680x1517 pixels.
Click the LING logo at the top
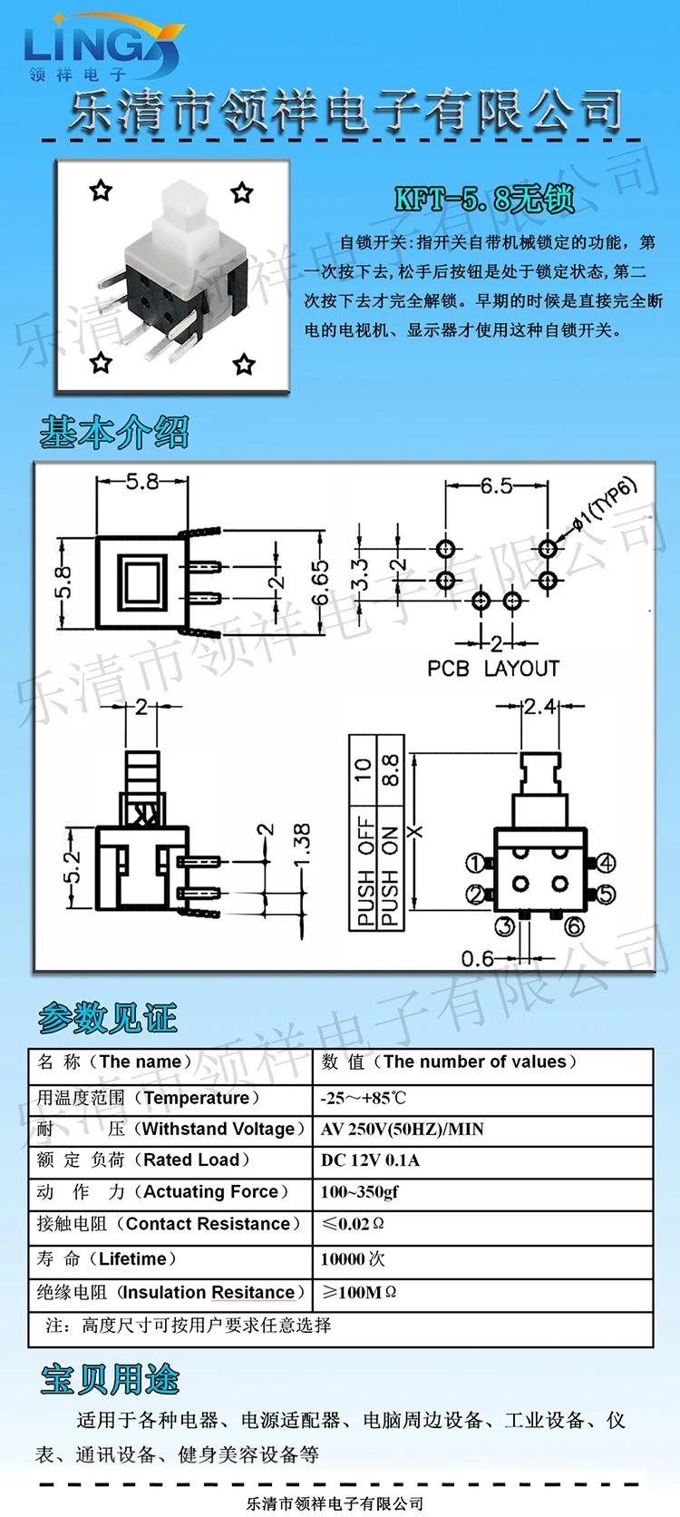click(x=102, y=47)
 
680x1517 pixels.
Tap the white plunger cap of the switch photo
click(x=182, y=213)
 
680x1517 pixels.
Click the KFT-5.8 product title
click(x=484, y=199)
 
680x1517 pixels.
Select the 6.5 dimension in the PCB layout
click(x=496, y=485)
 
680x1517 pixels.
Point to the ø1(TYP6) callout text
click(x=604, y=504)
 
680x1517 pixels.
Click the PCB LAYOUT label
click(x=493, y=669)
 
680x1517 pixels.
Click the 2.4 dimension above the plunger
click(x=540, y=707)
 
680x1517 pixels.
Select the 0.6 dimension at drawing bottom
click(x=478, y=958)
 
